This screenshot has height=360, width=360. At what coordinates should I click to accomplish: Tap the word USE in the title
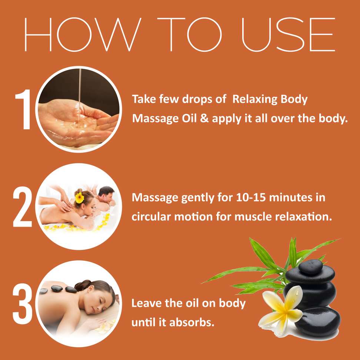[289, 34]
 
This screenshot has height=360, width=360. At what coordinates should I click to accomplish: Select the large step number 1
[23, 109]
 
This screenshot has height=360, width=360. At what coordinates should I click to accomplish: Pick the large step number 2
[22, 207]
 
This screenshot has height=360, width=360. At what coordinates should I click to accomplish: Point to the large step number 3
[22, 304]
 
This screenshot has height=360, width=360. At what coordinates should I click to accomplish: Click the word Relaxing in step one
[255, 100]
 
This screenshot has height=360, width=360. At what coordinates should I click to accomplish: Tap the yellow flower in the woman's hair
[79, 198]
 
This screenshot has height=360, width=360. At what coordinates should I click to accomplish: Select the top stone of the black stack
[310, 267]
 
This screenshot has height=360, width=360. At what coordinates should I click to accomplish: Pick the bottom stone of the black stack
[317, 322]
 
